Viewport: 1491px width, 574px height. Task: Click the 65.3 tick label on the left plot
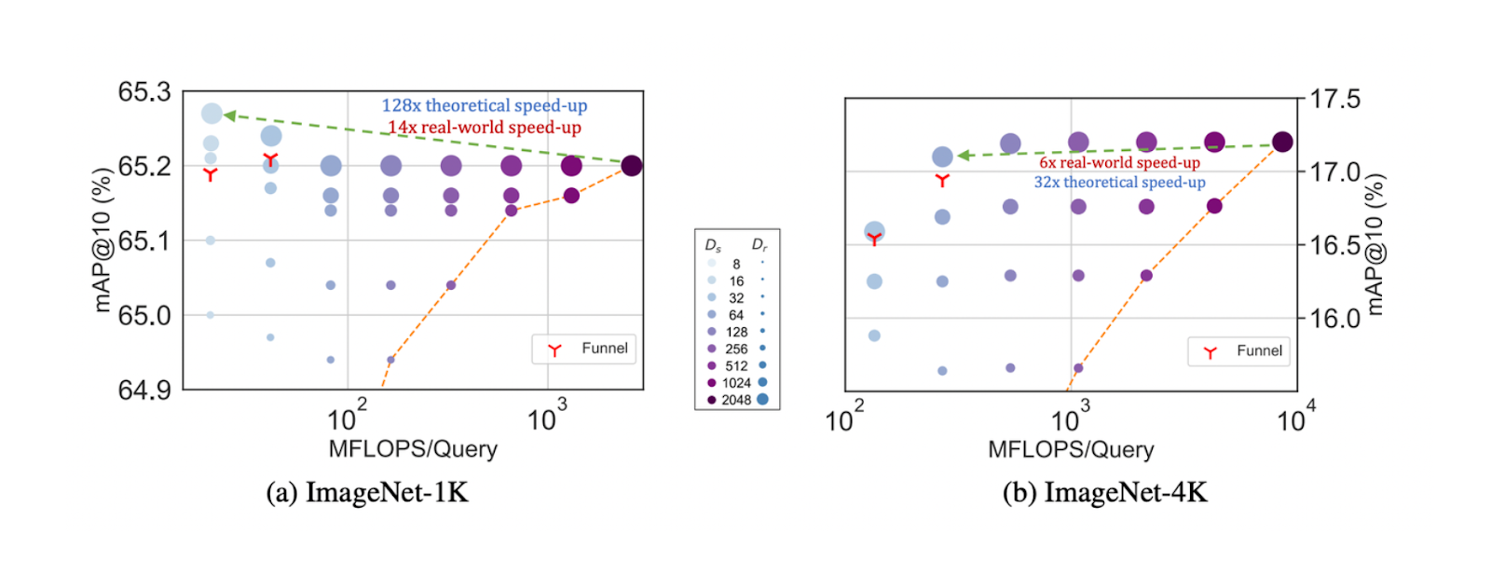144,92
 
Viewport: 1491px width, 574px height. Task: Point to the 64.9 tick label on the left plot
144,389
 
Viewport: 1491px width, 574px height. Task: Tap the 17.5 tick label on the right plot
1334,99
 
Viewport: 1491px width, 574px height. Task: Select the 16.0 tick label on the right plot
1334,319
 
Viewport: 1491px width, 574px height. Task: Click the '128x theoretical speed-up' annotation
484,105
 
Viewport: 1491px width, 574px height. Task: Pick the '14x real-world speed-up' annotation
484,127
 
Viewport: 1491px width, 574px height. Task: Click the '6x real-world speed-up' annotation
1119,162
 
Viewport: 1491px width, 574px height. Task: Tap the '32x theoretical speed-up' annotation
1119,182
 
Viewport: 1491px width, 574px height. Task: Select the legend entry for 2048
736,400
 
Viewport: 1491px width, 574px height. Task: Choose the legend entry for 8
736,264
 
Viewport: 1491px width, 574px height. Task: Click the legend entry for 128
736,332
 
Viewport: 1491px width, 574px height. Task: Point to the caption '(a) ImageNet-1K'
367,492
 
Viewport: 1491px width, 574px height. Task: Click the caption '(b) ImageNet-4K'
1104,492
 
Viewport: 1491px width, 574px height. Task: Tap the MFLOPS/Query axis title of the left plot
413,449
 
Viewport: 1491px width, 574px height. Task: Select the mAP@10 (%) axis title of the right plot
1374,244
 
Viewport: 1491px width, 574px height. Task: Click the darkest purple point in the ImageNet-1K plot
631,166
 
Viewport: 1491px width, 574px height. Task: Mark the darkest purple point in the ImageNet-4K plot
1282,142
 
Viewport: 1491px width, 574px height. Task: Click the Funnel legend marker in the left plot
554,350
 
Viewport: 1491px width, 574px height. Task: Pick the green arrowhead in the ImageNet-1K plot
229,116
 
